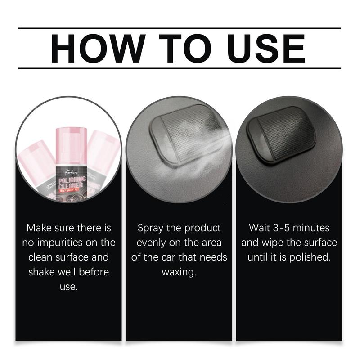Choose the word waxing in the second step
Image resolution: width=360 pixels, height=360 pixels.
pyautogui.click(x=179, y=272)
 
